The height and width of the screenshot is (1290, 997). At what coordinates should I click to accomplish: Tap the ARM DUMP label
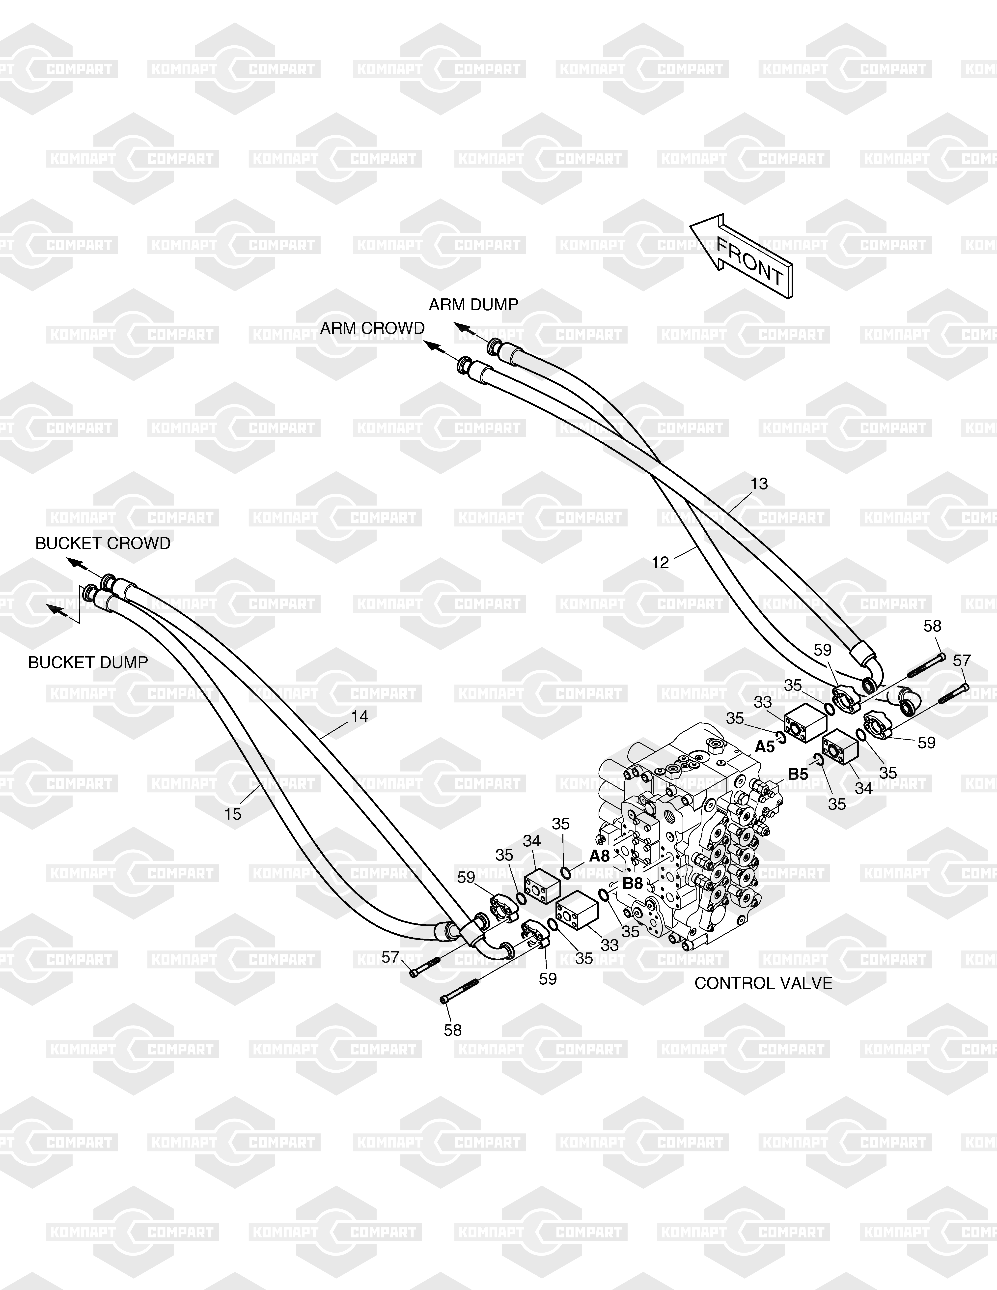[473, 305]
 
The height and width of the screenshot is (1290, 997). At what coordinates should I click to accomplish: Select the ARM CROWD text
[372, 328]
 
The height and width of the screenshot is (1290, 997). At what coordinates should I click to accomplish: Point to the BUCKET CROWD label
[103, 544]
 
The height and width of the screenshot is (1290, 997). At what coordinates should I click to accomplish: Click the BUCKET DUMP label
[88, 663]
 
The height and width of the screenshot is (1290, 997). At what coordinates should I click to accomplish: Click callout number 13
[759, 484]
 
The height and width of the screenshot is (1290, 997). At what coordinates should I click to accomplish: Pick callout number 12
[660, 562]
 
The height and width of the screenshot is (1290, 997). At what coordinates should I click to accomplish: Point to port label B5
[798, 774]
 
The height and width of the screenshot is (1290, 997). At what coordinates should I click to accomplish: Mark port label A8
[600, 856]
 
